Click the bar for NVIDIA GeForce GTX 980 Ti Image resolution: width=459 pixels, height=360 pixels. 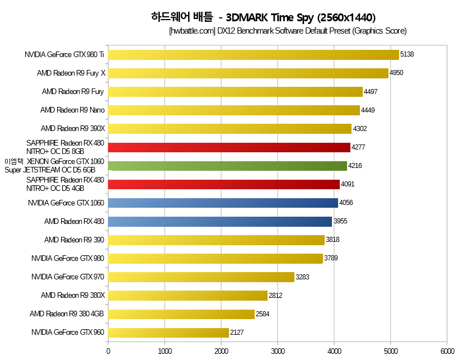253,54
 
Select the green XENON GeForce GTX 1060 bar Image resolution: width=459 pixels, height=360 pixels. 227,166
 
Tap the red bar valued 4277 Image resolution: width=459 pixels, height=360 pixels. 229,147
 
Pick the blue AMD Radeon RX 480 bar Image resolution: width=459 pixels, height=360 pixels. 220,221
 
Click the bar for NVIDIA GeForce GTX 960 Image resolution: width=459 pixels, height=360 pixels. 168,333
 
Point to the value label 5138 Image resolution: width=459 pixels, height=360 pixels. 408,54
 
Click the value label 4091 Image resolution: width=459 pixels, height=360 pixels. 348,184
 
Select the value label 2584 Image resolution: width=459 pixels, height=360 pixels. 263,314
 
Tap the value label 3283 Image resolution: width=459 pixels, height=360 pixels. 303,277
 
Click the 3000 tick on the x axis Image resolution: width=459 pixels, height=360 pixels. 278,351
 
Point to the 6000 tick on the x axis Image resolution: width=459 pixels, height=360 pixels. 447,351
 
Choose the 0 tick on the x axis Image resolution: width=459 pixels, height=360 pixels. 109,351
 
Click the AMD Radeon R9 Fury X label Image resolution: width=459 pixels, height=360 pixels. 71,73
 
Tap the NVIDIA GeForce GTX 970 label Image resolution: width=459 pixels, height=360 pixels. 68,277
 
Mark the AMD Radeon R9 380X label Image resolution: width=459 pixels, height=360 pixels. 73,295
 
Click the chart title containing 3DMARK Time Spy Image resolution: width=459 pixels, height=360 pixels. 263,17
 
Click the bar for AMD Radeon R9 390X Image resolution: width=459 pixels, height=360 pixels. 230,129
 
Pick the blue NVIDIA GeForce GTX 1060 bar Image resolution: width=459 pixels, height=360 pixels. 223,203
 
